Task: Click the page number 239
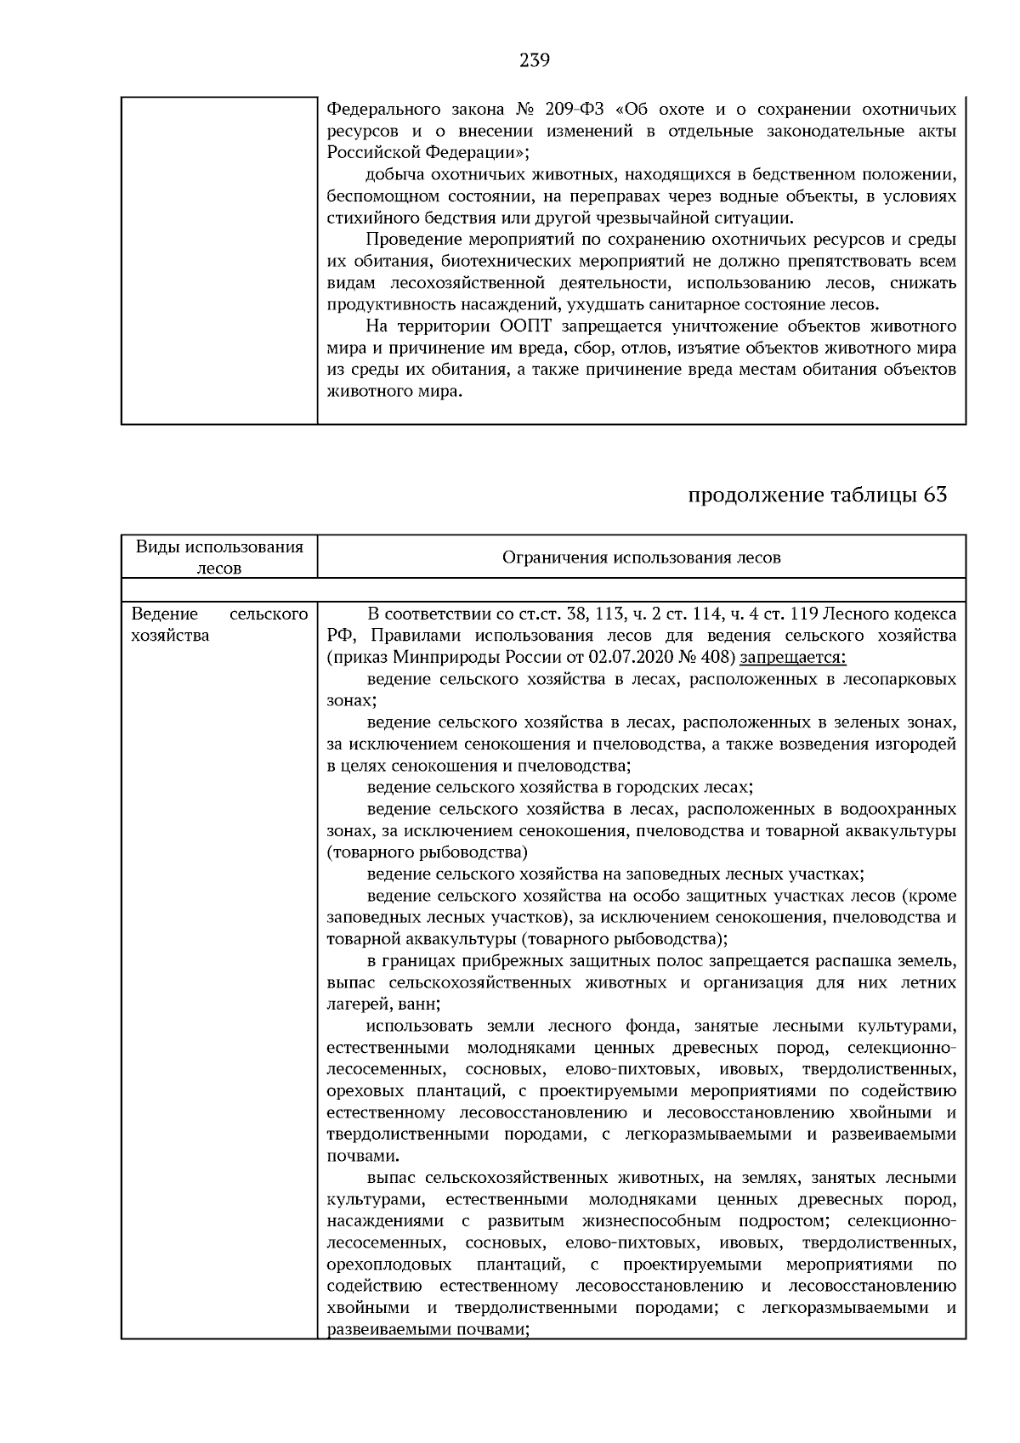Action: (534, 60)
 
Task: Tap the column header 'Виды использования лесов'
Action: (219, 557)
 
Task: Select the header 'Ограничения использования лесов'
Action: (641, 558)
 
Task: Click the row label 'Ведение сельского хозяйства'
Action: (219, 625)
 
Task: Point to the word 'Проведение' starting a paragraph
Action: (410, 240)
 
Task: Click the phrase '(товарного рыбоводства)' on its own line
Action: (427, 852)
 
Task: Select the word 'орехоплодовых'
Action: (388, 1265)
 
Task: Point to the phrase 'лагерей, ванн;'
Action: (383, 1004)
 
